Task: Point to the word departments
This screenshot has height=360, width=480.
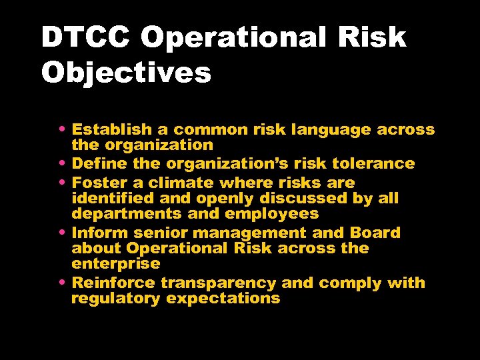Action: point(125,214)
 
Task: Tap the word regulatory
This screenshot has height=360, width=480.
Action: point(115,299)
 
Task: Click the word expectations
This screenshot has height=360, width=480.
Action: point(223,299)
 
